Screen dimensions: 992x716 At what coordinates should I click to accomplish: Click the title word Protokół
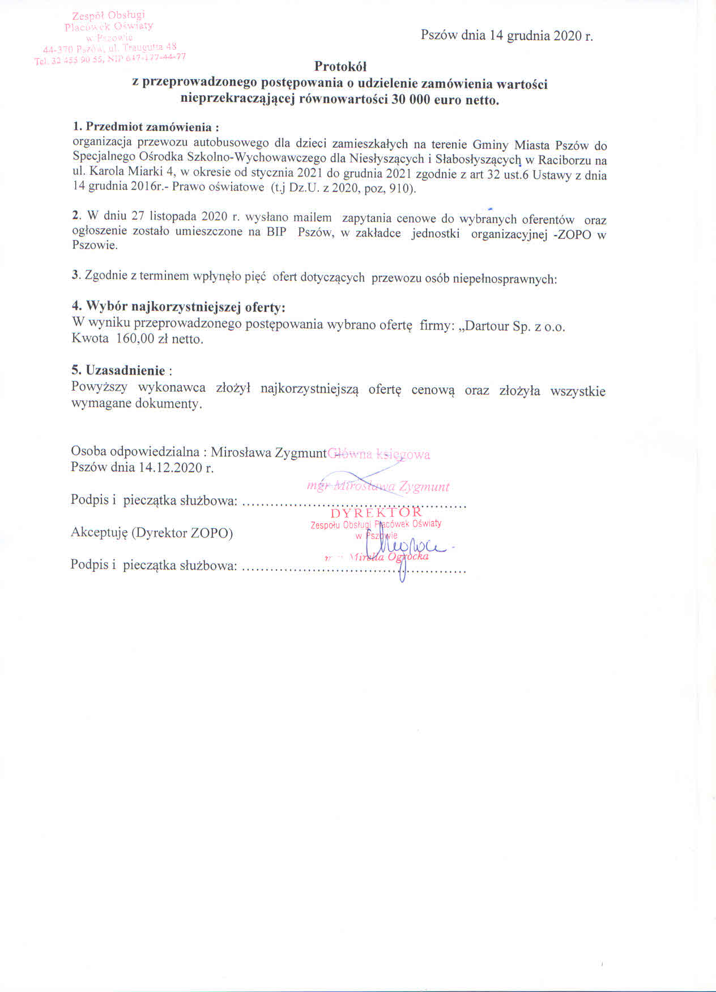[x=340, y=67]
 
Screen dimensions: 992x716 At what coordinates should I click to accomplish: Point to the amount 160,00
[x=135, y=339]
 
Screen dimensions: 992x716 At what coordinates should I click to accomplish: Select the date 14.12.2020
[x=171, y=468]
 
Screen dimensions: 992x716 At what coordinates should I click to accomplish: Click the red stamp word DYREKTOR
[x=376, y=513]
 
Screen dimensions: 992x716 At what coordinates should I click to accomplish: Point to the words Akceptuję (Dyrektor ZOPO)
[x=152, y=533]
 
